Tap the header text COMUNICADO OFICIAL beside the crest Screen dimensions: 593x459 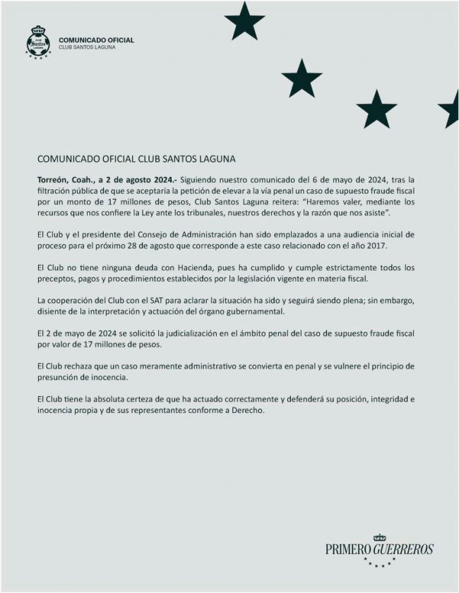(96, 40)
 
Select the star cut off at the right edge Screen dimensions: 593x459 (450, 107)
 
